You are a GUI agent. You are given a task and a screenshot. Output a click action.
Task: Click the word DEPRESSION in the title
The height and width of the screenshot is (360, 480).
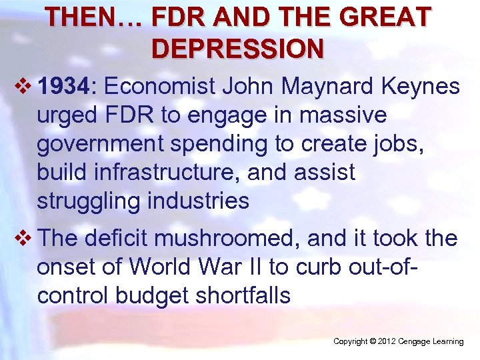coord(238,49)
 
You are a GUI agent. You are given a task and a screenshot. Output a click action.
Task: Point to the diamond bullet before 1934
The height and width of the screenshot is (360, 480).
coord(26,86)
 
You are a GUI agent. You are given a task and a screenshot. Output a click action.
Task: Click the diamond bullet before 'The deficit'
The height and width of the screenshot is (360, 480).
coord(26,238)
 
